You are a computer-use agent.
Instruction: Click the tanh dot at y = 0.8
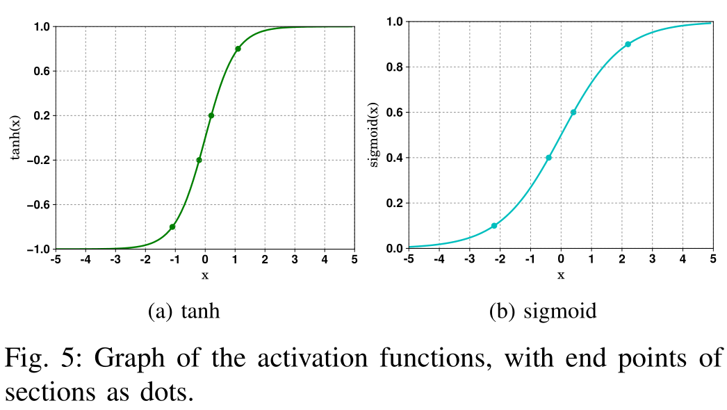pos(238,49)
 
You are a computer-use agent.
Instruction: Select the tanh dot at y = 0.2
pos(211,115)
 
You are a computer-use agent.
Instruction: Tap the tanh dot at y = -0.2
pos(199,160)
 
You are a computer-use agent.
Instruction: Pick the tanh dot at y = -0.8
pos(172,227)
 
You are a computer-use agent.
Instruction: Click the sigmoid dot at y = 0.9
pos(628,44)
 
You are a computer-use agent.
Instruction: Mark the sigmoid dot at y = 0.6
pos(573,112)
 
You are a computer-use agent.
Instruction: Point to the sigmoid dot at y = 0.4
pos(548,158)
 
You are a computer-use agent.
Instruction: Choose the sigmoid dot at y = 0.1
pos(494,226)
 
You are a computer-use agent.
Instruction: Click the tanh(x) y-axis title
pos(15,138)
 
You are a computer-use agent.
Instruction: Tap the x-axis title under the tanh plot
pos(205,276)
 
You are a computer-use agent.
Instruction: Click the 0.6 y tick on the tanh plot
pos(40,71)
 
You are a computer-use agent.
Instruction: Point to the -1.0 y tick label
pos(38,249)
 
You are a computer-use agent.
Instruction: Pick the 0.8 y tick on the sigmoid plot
pos(394,67)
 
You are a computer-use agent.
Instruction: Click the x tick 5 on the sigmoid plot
pos(713,260)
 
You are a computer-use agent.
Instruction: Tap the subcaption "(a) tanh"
pos(184,311)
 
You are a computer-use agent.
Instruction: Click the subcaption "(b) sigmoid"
pos(543,311)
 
